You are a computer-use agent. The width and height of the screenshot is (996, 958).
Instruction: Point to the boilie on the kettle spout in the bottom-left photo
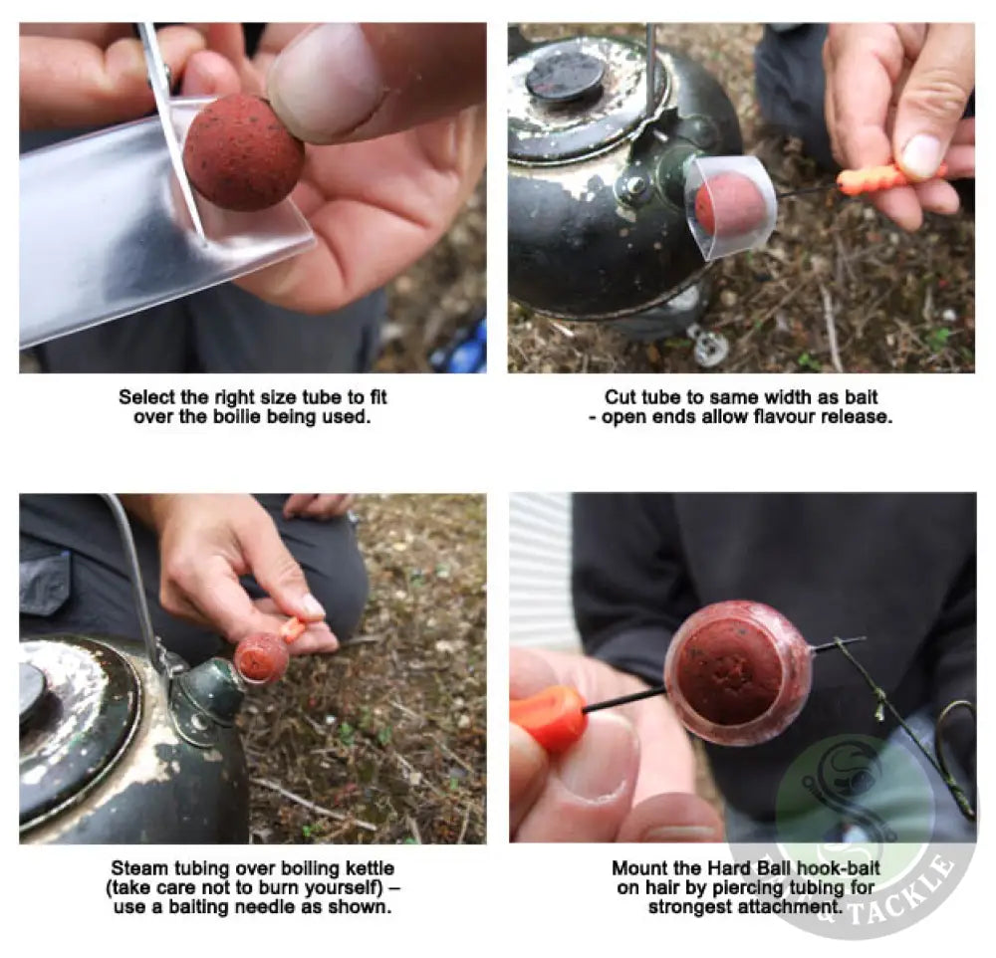point(261,658)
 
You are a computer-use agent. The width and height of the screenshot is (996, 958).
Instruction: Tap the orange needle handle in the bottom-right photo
point(547,716)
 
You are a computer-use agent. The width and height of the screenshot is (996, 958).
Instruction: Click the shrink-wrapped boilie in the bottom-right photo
point(737,673)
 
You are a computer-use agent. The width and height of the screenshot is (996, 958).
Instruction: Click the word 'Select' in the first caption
point(146,397)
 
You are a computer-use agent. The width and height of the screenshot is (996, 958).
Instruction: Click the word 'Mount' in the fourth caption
point(637,868)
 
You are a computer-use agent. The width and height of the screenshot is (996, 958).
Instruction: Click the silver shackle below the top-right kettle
point(710,346)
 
